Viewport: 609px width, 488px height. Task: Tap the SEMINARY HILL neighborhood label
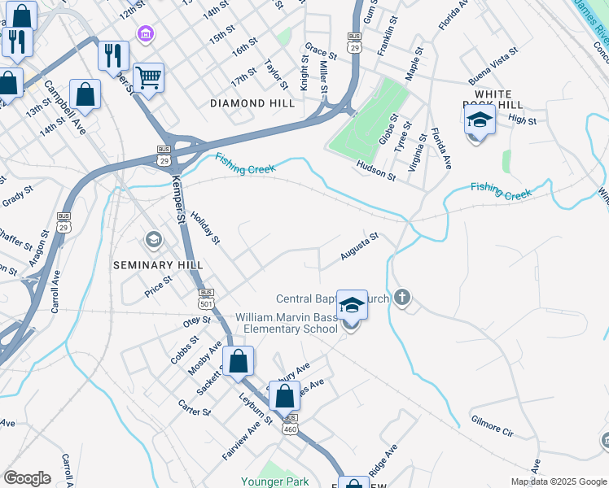click(x=153, y=265)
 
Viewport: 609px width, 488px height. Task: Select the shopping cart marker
click(x=148, y=78)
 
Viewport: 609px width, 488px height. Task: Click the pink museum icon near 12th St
click(x=145, y=33)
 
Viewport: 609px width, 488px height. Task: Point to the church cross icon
click(x=401, y=298)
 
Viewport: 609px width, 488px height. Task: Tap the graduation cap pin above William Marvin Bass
click(x=352, y=306)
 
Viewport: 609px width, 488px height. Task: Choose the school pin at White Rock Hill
click(x=480, y=121)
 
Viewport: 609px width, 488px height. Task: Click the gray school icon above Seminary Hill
click(x=152, y=240)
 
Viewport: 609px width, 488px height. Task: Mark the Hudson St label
click(x=375, y=171)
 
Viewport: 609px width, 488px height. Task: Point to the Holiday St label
click(x=205, y=228)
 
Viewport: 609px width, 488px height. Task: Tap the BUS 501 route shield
click(x=206, y=298)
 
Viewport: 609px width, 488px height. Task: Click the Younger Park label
click(x=274, y=481)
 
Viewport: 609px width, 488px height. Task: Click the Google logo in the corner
click(x=27, y=477)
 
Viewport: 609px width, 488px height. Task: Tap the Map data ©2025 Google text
click(x=558, y=481)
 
